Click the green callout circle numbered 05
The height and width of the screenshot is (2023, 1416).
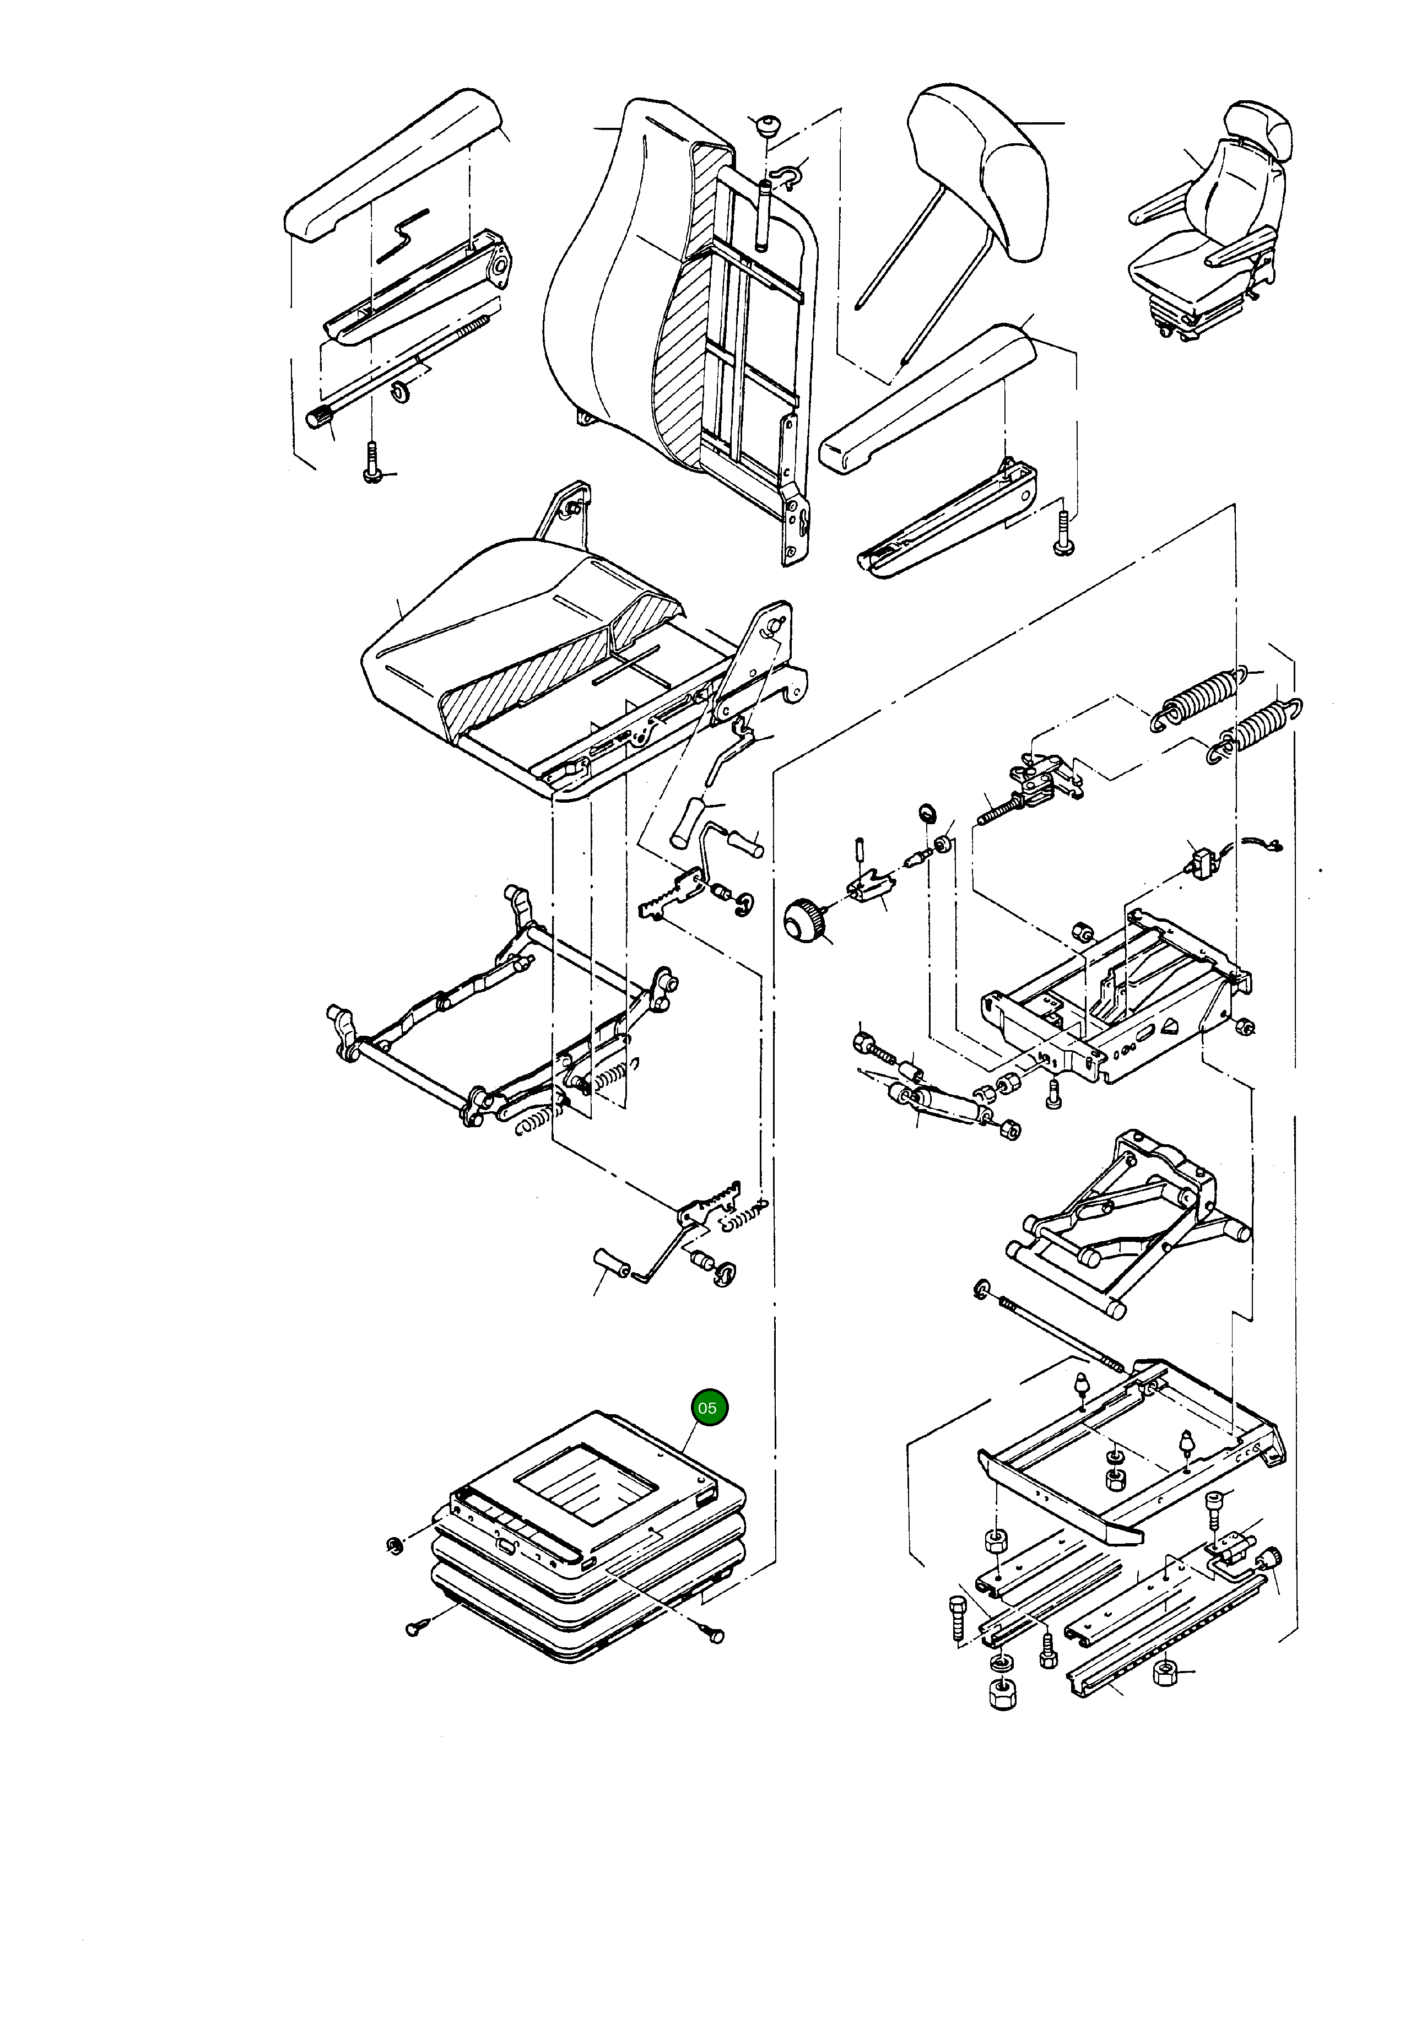pyautogui.click(x=707, y=1408)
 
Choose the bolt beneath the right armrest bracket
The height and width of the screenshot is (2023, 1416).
pyautogui.click(x=1063, y=535)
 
